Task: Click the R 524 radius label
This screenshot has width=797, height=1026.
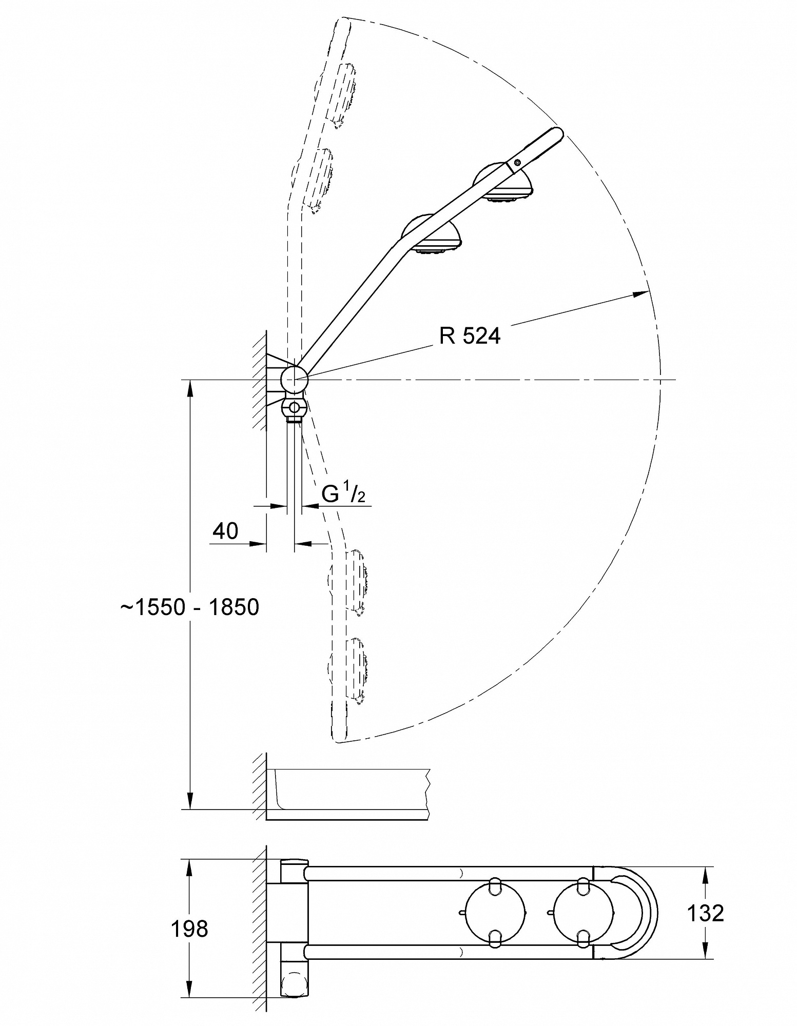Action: (x=469, y=336)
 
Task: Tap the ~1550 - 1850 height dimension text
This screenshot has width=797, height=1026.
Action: (x=190, y=607)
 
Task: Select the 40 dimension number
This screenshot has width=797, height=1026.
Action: (x=225, y=531)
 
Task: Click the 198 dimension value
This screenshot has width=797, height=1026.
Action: (x=189, y=929)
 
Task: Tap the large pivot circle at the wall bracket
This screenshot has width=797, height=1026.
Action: (x=294, y=380)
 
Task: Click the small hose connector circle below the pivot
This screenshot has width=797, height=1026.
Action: (x=294, y=408)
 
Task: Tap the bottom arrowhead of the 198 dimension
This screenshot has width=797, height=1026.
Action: (x=190, y=988)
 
